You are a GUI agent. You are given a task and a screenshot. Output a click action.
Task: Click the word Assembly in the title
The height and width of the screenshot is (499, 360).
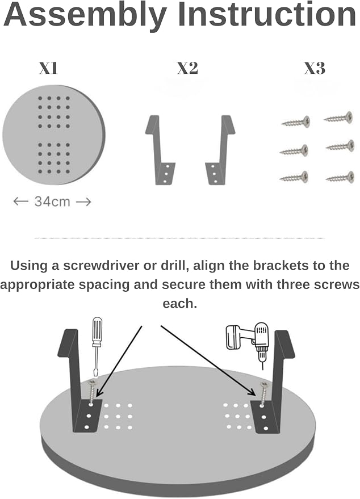click(85, 15)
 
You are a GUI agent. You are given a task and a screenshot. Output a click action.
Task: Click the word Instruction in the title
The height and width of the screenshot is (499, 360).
click(267, 14)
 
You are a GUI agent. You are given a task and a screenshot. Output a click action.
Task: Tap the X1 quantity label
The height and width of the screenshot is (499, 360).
click(48, 68)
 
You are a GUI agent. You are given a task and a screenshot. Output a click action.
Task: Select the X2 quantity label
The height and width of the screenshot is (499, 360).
click(187, 68)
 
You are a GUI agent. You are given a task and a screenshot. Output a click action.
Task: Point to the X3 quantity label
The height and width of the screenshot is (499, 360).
click(315, 68)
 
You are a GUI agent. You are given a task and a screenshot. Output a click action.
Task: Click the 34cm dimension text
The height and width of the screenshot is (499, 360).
click(52, 202)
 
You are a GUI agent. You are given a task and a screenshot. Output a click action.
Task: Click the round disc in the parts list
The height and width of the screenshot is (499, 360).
click(53, 135)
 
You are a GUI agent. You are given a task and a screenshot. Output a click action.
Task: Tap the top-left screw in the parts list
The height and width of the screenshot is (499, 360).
click(296, 121)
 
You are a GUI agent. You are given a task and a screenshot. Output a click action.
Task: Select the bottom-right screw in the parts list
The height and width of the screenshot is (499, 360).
click(340, 178)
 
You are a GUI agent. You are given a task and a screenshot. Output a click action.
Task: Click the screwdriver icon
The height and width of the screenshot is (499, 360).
click(97, 346)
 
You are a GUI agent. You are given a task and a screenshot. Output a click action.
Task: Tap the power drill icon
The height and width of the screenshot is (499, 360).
click(248, 343)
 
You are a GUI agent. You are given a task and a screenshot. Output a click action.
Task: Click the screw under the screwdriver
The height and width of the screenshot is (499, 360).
click(92, 392)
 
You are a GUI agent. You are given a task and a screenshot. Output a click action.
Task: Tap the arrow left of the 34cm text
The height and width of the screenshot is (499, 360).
click(20, 201)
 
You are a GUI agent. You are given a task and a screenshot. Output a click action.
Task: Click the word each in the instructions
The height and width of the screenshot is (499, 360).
click(180, 304)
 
